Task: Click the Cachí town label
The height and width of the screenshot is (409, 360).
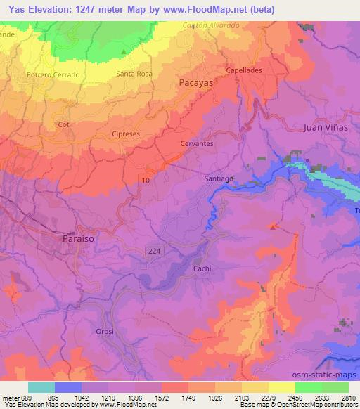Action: click(x=202, y=268)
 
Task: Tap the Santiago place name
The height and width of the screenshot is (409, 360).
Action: click(x=219, y=178)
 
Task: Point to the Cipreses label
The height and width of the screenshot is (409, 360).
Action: click(x=127, y=132)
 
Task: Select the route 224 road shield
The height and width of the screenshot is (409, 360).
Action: click(x=156, y=252)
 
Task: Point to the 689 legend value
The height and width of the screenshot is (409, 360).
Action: click(x=27, y=397)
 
